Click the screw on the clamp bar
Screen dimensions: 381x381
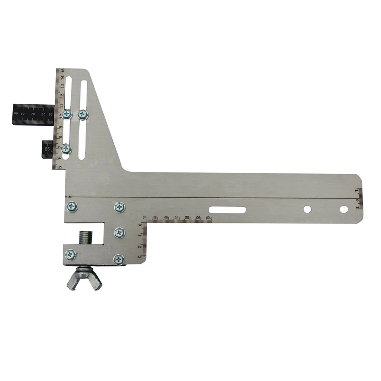click(71, 254)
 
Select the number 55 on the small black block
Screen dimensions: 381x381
click(47, 149)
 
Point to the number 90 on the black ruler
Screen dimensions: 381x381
click(16, 114)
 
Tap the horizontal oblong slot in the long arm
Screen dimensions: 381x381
click(227, 210)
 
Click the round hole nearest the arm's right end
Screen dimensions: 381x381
click(343, 209)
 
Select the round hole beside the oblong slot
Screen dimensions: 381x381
click(307, 209)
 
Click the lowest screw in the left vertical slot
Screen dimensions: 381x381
click(67, 149)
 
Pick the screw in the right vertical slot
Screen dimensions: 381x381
click(83, 114)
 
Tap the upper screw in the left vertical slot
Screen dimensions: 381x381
click(67, 114)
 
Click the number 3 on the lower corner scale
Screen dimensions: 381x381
click(140, 256)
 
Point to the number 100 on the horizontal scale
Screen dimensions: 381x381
click(209, 218)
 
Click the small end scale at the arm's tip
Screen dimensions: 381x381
click(359, 198)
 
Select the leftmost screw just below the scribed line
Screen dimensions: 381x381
click(72, 207)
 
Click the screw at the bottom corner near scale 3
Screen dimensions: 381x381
click(119, 259)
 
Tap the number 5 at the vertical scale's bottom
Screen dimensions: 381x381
click(60, 167)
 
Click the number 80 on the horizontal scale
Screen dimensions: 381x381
click(187, 218)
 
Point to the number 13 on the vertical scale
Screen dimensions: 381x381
click(62, 87)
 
